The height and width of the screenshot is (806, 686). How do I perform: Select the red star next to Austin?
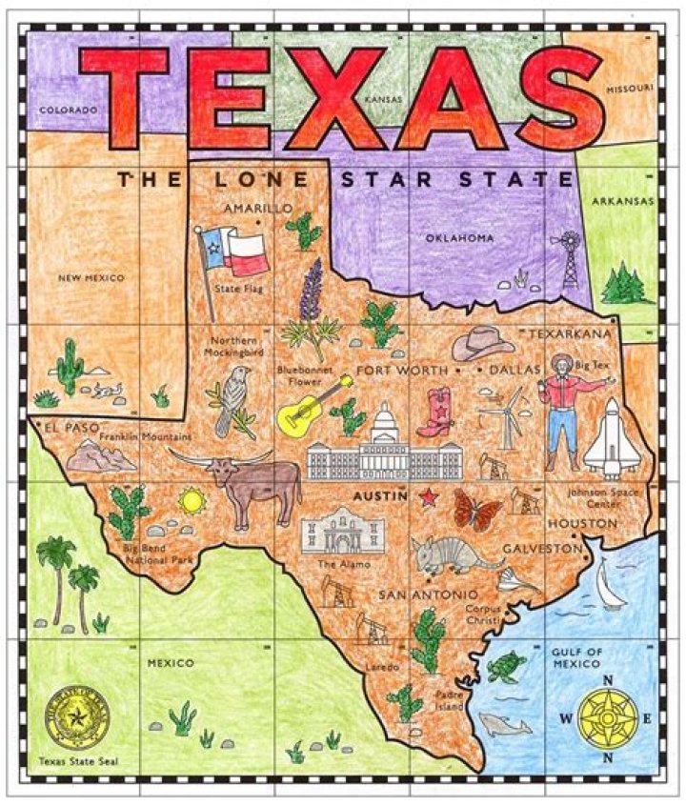tap(429, 496)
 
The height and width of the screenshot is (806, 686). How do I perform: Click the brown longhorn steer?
tap(252, 481)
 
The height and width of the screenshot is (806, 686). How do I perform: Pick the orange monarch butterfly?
tap(477, 509)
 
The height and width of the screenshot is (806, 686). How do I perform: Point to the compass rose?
tap(608, 718)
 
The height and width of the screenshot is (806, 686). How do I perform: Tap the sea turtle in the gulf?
tap(500, 667)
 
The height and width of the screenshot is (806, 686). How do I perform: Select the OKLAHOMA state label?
tap(460, 237)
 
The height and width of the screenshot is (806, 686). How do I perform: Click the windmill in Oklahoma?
tap(571, 257)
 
